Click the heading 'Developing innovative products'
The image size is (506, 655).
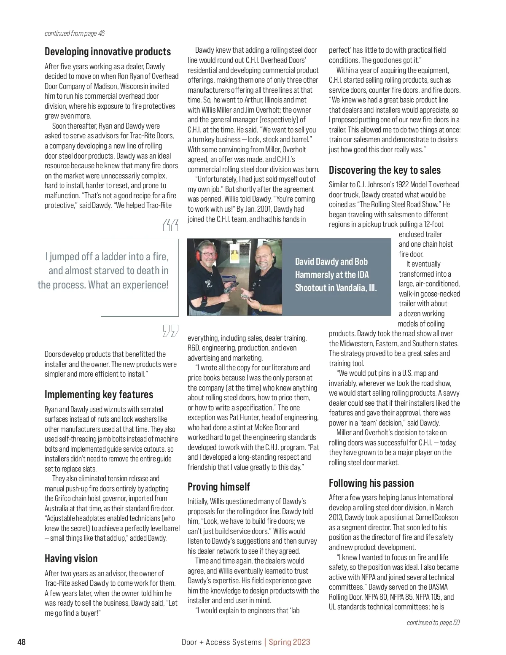[108, 51]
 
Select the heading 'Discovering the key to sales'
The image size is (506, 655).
[385, 170]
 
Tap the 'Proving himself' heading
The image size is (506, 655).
[218, 487]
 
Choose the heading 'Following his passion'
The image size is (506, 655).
[371, 483]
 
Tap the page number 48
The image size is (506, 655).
[22, 642]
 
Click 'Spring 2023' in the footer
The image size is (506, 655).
[289, 642]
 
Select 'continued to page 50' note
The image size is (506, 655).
[433, 623]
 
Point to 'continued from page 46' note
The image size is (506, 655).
[75, 33]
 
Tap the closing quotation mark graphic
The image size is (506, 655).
[170, 331]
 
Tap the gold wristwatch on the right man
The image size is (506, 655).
[261, 307]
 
